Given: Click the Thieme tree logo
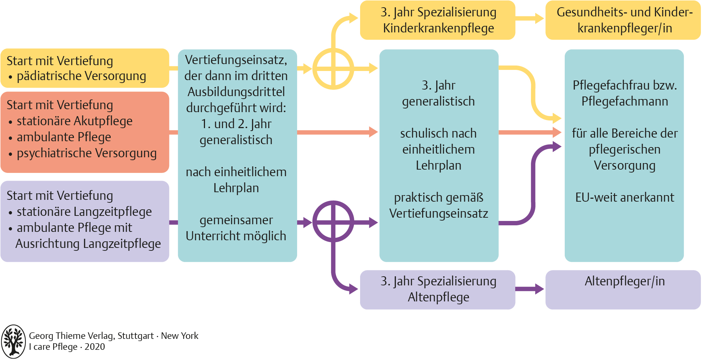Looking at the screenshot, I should [x=13, y=341].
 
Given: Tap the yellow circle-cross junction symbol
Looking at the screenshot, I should [x=333, y=68].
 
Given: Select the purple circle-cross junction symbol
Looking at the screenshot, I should [x=333, y=222].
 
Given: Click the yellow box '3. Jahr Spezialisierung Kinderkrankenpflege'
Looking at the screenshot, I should [x=437, y=20].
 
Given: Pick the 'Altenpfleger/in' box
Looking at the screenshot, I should [x=623, y=289].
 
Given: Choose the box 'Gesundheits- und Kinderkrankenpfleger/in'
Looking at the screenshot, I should [x=623, y=20].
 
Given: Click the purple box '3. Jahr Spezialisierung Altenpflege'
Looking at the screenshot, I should [x=437, y=289].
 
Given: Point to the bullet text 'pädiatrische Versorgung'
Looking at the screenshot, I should [x=81, y=76].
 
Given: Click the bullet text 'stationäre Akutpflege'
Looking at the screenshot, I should [x=75, y=121].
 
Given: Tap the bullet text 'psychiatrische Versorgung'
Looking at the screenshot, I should [x=87, y=153].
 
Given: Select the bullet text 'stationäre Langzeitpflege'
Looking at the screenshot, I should [x=84, y=212].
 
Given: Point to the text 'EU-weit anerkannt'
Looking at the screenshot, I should [x=624, y=197].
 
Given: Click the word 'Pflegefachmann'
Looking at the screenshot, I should [x=624, y=101].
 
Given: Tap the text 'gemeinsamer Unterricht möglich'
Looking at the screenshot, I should [x=236, y=228].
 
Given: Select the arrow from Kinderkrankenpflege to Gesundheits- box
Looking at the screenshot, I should [x=530, y=18].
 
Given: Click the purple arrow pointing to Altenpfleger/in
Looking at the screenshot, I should [x=530, y=289].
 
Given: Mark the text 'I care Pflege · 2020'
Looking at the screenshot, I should [x=67, y=347].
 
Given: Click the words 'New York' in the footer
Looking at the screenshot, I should [x=180, y=336].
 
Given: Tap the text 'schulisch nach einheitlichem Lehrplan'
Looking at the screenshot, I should [x=438, y=149].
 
